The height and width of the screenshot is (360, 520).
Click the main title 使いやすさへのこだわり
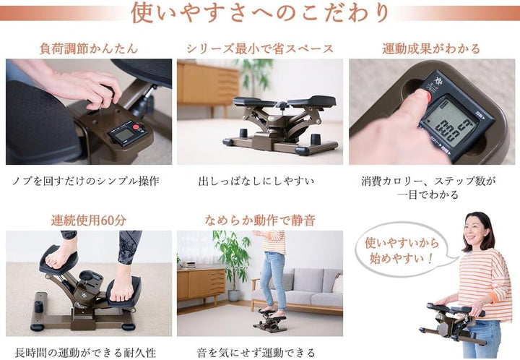tap(260, 13)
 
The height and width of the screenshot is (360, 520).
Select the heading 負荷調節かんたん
tap(88, 48)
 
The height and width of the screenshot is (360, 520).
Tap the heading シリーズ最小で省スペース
tap(259, 48)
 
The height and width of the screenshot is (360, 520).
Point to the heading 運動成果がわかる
tap(430, 48)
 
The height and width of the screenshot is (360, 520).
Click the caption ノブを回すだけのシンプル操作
tap(88, 180)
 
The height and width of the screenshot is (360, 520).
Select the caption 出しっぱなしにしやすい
tap(259, 180)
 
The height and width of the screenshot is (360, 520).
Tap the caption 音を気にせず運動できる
tap(259, 352)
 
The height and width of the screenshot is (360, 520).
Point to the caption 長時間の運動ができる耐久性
tap(88, 352)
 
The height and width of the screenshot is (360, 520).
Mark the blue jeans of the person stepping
tap(274, 282)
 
